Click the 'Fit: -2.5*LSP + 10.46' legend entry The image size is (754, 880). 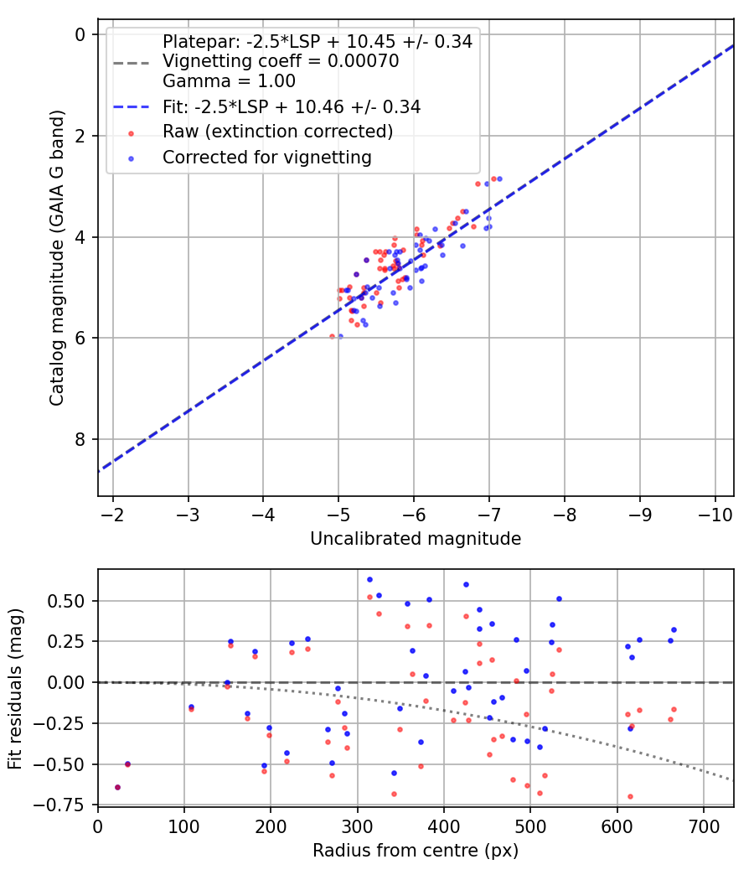point(292,107)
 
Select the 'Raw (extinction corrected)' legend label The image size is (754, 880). point(277,132)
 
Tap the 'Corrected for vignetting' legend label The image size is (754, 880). point(266,157)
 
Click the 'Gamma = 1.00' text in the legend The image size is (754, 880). point(229,82)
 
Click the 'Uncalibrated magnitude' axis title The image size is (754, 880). point(416,539)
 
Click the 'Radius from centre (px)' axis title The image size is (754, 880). point(416,851)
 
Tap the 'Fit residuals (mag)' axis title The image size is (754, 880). point(15,688)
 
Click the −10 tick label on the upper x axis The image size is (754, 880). point(715,514)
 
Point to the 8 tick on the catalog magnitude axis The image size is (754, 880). point(80,439)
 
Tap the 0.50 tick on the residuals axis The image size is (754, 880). point(70,601)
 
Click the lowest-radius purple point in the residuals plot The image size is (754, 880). point(117,787)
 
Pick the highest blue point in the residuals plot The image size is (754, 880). point(369,579)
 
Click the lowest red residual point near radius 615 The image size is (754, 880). point(630,796)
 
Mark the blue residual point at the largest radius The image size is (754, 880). point(674,629)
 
